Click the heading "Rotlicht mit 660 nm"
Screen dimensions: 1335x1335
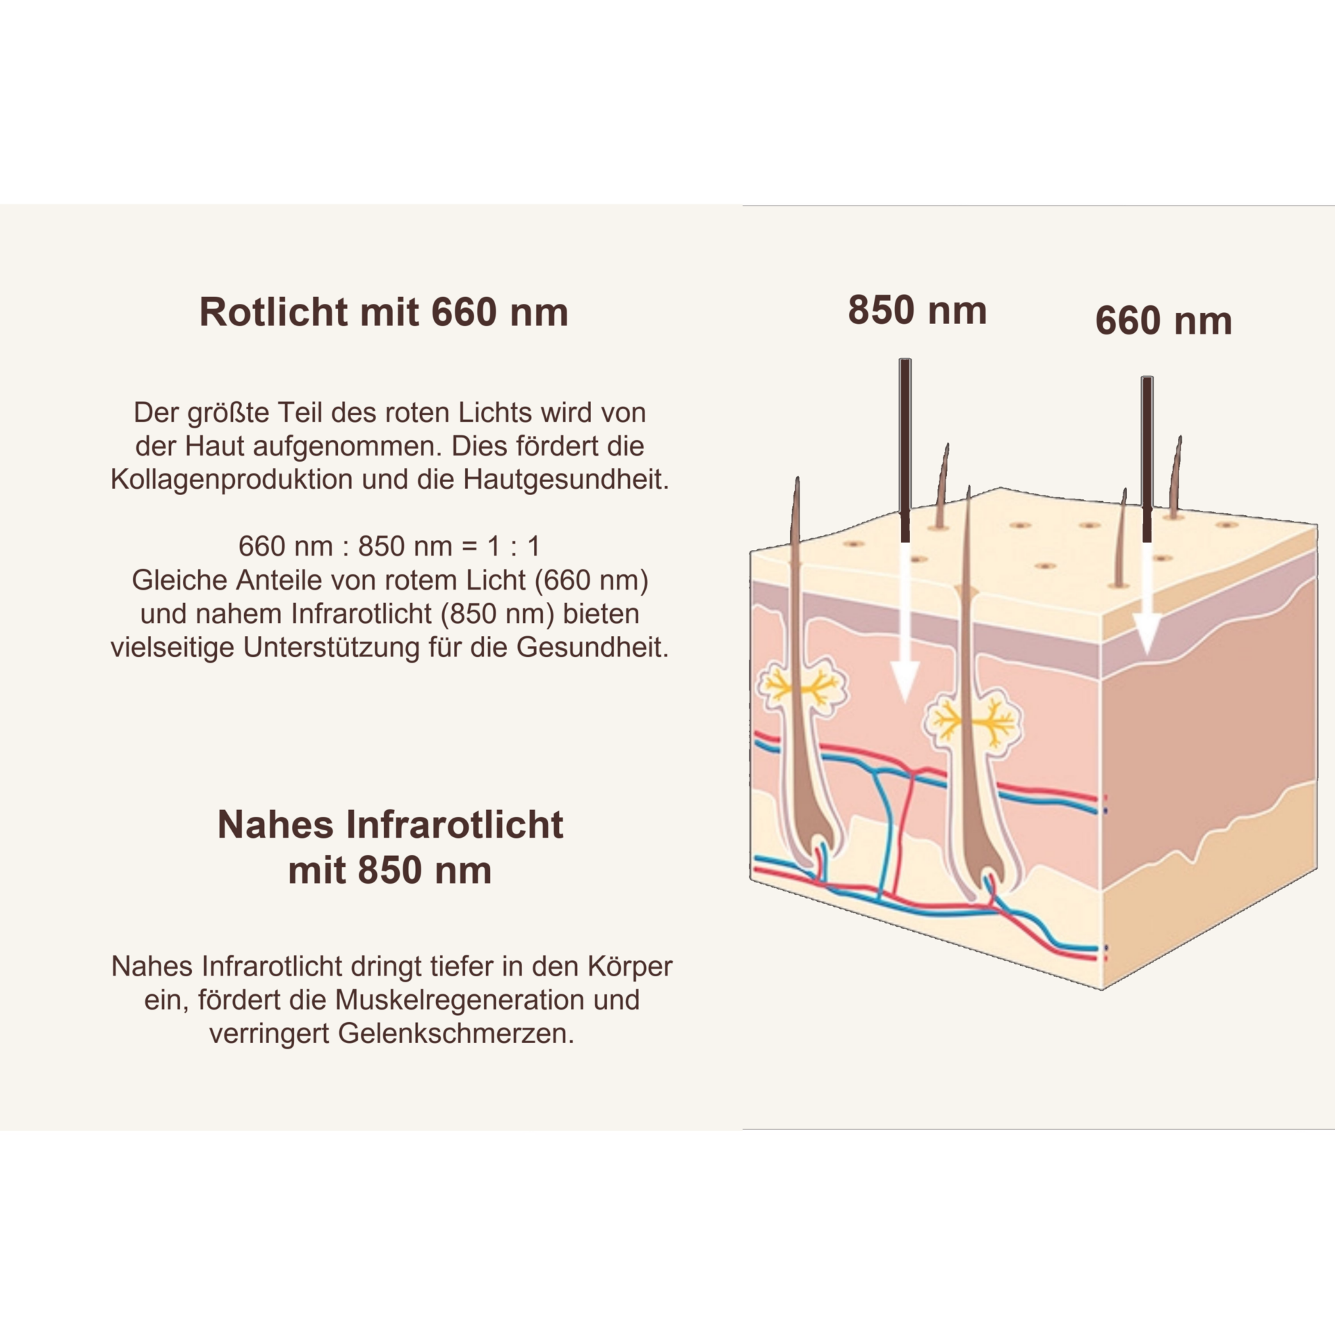click(x=384, y=312)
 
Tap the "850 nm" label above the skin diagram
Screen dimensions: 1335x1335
click(x=917, y=310)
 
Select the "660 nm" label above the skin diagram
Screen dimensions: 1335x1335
click(x=1163, y=321)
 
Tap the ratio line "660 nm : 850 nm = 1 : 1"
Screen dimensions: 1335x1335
click(x=389, y=547)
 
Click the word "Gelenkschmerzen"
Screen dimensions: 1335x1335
click(x=456, y=1034)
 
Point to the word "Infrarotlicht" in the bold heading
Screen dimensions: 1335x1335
click(x=455, y=825)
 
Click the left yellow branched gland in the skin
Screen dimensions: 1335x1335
click(x=804, y=688)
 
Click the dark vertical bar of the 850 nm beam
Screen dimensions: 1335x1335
click(x=905, y=451)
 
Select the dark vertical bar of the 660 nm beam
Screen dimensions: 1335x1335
click(x=1147, y=460)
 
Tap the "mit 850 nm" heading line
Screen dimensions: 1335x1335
click(x=390, y=871)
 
